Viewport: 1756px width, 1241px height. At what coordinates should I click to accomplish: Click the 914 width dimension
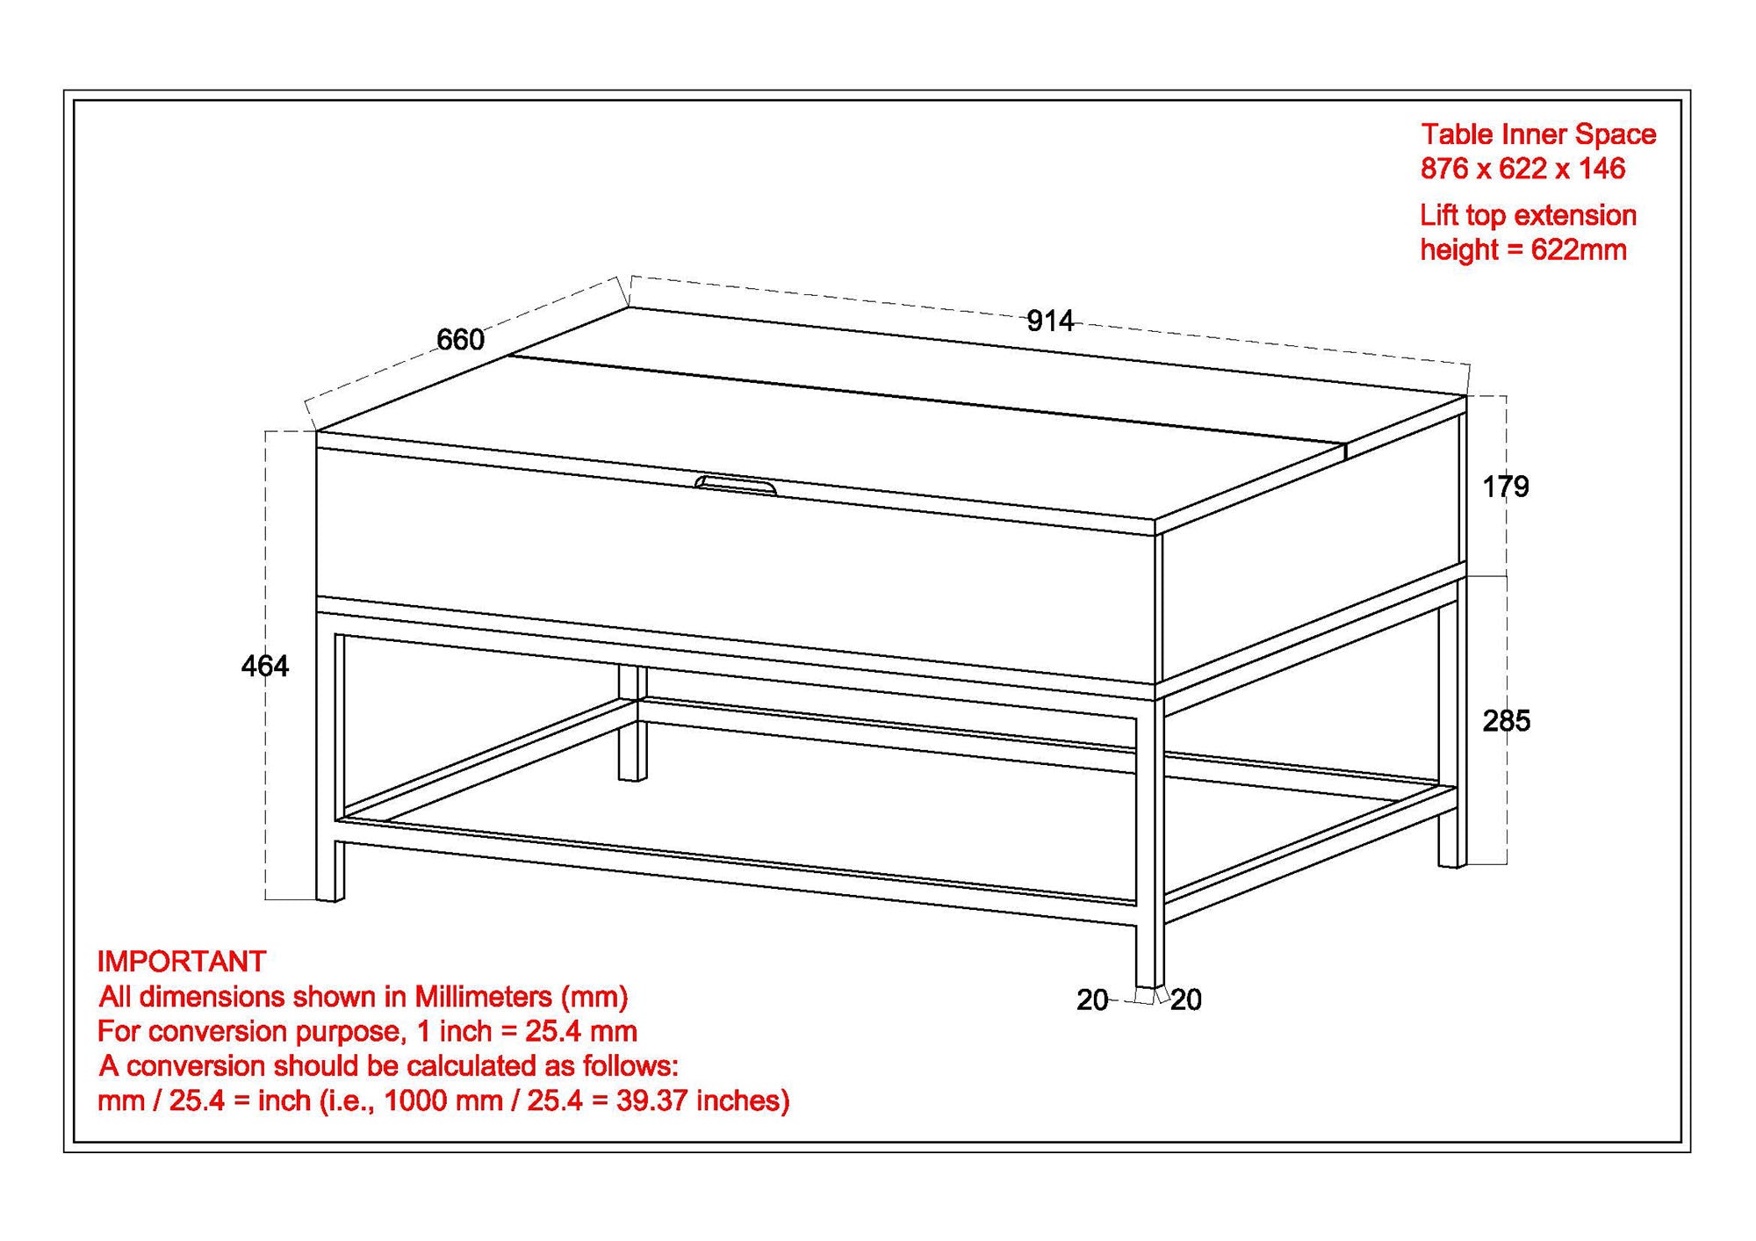point(1049,321)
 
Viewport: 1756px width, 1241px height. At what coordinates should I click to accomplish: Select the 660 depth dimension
point(460,340)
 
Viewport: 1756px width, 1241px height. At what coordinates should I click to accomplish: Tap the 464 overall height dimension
point(264,667)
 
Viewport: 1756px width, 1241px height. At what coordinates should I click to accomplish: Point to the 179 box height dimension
point(1505,487)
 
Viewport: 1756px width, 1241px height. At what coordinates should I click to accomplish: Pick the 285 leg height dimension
point(1506,721)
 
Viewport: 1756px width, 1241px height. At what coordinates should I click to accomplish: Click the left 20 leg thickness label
point(1091,999)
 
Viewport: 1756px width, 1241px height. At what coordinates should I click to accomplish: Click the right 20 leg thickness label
point(1186,999)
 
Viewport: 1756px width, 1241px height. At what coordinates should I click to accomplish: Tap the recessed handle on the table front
point(736,484)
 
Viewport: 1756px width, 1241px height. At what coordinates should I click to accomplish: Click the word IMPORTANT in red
point(181,962)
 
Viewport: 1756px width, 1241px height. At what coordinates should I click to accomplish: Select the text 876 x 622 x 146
point(1522,169)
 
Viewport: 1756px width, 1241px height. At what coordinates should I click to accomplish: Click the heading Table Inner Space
point(1538,134)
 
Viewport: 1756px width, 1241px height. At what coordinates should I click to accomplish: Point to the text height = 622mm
point(1523,250)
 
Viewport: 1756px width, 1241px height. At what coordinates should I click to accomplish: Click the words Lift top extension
point(1528,215)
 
